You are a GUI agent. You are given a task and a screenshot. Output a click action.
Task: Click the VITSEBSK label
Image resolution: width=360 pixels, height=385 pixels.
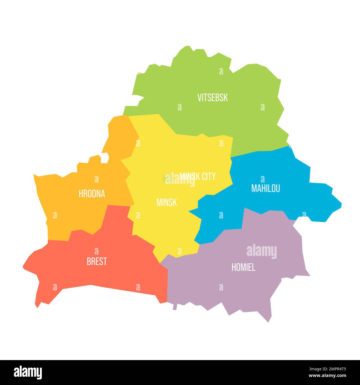(212, 97)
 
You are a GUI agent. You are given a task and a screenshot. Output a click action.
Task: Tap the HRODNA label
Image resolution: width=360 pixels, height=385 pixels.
(92, 194)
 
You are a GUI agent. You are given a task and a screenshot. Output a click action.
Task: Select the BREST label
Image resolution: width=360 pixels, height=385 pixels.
(97, 261)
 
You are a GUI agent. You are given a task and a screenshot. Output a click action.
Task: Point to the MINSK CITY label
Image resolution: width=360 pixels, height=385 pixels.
(197, 176)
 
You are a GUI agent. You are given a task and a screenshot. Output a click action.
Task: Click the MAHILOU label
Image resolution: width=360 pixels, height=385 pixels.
(265, 188)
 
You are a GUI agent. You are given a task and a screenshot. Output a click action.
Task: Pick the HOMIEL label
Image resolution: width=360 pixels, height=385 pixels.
(243, 267)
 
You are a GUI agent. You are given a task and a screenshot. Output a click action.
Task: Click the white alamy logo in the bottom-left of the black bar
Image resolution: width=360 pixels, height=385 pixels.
(28, 372)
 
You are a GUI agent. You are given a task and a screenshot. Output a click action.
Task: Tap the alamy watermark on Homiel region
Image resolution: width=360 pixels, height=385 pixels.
(261, 251)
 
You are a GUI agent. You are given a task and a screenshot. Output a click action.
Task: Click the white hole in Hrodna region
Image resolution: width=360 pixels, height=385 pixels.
(104, 158)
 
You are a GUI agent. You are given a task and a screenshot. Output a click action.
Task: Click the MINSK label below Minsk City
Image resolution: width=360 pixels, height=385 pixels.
(166, 202)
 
